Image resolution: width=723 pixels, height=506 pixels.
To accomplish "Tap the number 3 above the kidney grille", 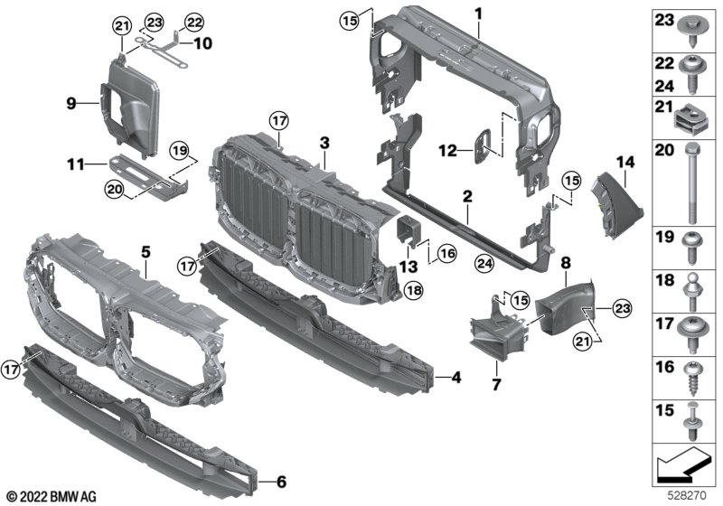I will coord(324,143).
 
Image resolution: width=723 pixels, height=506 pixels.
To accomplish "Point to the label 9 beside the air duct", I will coord(72,103).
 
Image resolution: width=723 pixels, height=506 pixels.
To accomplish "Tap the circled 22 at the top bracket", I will coord(194,22).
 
